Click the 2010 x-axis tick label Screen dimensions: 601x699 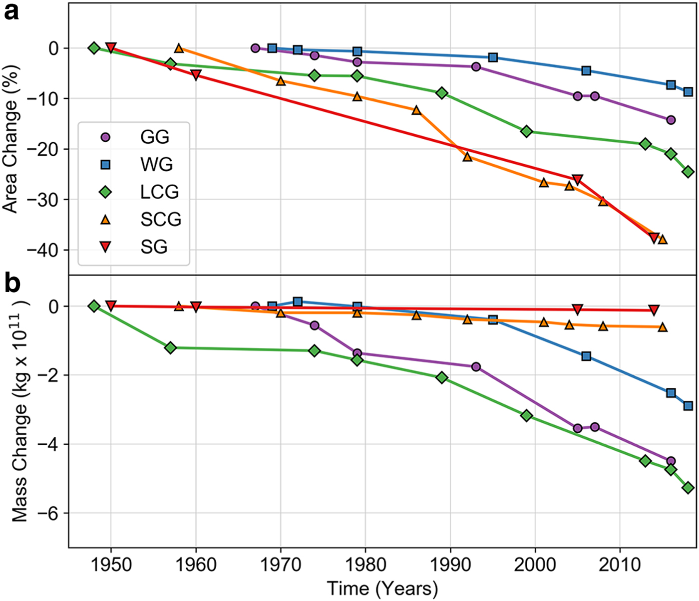coord(620,565)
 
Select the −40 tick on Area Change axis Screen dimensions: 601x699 coord(44,250)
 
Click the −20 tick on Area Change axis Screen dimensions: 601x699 coord(44,149)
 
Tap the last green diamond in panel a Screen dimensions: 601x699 coord(688,172)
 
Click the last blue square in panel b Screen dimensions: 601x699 coord(688,406)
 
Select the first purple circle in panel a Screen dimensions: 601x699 coord(255,48)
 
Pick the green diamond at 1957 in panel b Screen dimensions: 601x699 coord(170,347)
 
